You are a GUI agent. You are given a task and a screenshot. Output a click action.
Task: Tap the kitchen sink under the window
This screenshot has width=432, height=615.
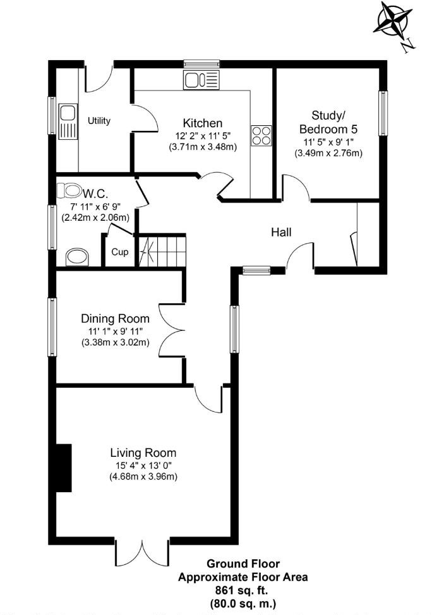(201, 80)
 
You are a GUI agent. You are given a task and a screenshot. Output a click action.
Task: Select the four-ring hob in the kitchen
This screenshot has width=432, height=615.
(261, 135)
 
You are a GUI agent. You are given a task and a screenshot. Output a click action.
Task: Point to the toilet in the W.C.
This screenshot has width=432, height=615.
(69, 190)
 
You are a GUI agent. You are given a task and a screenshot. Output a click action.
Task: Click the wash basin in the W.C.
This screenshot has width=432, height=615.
(77, 257)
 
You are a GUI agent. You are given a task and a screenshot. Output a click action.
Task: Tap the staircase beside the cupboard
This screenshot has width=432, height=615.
(164, 251)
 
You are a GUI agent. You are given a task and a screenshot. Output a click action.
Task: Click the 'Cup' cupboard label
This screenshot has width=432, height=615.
(120, 252)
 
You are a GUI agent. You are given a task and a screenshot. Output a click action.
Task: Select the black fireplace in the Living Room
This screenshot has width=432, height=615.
(63, 468)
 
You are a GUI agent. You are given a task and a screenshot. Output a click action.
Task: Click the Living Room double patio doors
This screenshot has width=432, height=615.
(143, 552)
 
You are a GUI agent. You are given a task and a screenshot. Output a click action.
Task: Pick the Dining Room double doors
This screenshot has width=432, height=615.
(170, 330)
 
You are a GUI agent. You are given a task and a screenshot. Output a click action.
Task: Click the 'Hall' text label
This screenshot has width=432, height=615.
(281, 232)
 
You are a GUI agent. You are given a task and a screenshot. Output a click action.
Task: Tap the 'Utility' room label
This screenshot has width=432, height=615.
(99, 121)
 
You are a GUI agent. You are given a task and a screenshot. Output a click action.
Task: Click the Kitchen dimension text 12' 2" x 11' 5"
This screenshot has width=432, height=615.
(202, 135)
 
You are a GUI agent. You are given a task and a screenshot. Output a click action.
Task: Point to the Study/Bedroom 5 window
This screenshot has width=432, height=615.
(383, 113)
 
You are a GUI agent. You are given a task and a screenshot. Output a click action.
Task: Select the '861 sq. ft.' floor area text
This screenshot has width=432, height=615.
(243, 590)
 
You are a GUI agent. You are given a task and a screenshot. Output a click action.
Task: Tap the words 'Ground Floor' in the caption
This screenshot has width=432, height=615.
(243, 564)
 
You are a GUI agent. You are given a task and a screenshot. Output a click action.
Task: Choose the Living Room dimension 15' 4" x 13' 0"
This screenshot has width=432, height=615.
(143, 465)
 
